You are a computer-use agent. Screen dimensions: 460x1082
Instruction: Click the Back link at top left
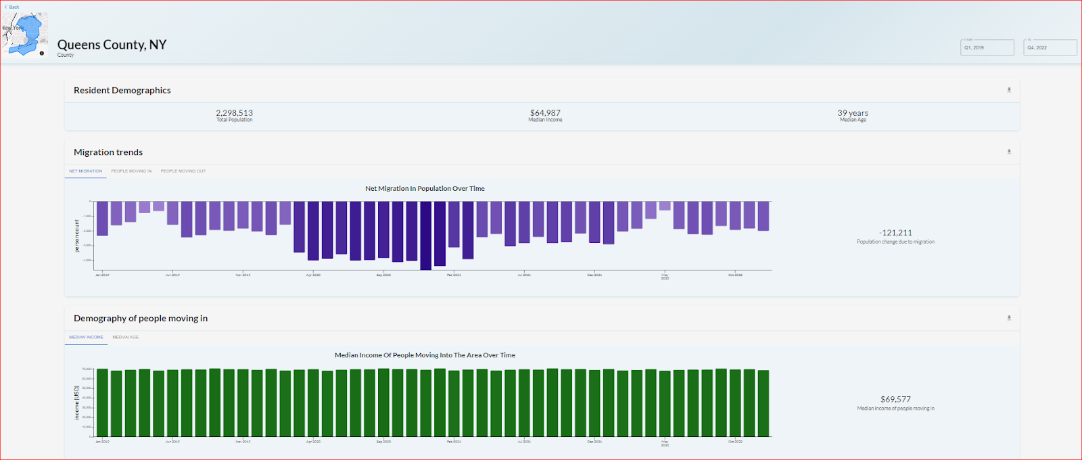tap(12, 7)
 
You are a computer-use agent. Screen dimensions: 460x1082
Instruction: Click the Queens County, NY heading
tap(112, 45)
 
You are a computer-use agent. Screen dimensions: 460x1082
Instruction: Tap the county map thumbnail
tap(25, 34)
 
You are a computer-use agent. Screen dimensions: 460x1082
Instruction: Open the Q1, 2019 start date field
tap(987, 47)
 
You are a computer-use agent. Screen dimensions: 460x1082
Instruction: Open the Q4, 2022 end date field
tap(1050, 47)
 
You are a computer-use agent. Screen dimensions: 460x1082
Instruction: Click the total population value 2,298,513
tap(234, 113)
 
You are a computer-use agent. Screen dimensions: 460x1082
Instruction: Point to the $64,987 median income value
tap(545, 113)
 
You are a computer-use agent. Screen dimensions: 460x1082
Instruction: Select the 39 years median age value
tap(852, 113)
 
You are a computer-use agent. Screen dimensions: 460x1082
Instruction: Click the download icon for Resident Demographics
tap(1008, 90)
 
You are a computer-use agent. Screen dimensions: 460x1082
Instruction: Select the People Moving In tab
tap(131, 171)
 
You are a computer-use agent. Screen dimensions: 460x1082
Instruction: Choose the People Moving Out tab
tap(183, 171)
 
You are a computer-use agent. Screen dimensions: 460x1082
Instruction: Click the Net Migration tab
tap(85, 171)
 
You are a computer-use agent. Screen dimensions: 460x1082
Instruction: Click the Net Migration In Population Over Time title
tap(425, 189)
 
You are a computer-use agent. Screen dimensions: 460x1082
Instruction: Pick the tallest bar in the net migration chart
tap(425, 235)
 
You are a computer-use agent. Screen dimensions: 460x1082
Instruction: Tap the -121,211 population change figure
tap(895, 233)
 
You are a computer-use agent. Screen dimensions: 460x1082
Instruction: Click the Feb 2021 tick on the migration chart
tap(454, 275)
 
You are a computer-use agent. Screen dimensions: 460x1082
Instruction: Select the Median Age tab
tap(125, 337)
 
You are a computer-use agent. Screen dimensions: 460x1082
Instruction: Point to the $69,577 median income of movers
tap(895, 399)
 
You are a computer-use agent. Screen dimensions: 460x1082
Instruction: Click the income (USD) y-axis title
tap(76, 402)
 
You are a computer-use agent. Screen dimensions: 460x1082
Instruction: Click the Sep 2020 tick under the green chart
tap(383, 441)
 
